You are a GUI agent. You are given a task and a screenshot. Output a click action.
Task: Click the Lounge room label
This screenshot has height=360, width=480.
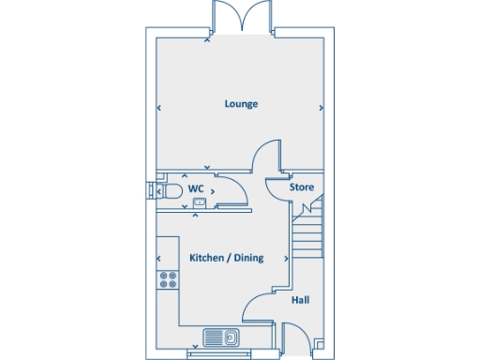pos(241,103)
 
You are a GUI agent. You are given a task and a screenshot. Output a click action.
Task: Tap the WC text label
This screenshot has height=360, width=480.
pos(197,188)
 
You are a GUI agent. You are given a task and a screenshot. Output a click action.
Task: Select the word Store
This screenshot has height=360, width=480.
pos(301,187)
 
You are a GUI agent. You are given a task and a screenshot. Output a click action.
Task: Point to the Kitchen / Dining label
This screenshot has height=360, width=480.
pos(226,258)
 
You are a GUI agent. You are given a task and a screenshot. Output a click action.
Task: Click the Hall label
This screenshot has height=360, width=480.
pos(300,300)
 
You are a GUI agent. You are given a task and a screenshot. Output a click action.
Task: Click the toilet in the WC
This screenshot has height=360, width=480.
pos(169,191)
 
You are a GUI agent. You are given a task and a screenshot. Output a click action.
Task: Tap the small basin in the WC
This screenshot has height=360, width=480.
pos(199,202)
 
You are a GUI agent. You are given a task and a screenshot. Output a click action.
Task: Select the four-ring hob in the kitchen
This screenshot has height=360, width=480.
pos(169,278)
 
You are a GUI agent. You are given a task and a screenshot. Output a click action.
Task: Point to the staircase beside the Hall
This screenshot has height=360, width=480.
pos(307,234)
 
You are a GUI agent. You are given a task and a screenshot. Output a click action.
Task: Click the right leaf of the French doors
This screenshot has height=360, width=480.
pos(256,16)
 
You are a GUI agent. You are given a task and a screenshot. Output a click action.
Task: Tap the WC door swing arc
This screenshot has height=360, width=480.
pos(236,192)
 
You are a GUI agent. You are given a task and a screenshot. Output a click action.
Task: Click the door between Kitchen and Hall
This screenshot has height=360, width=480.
pos(257,307)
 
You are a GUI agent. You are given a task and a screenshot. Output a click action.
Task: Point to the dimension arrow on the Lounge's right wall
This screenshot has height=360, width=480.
pos(322,108)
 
